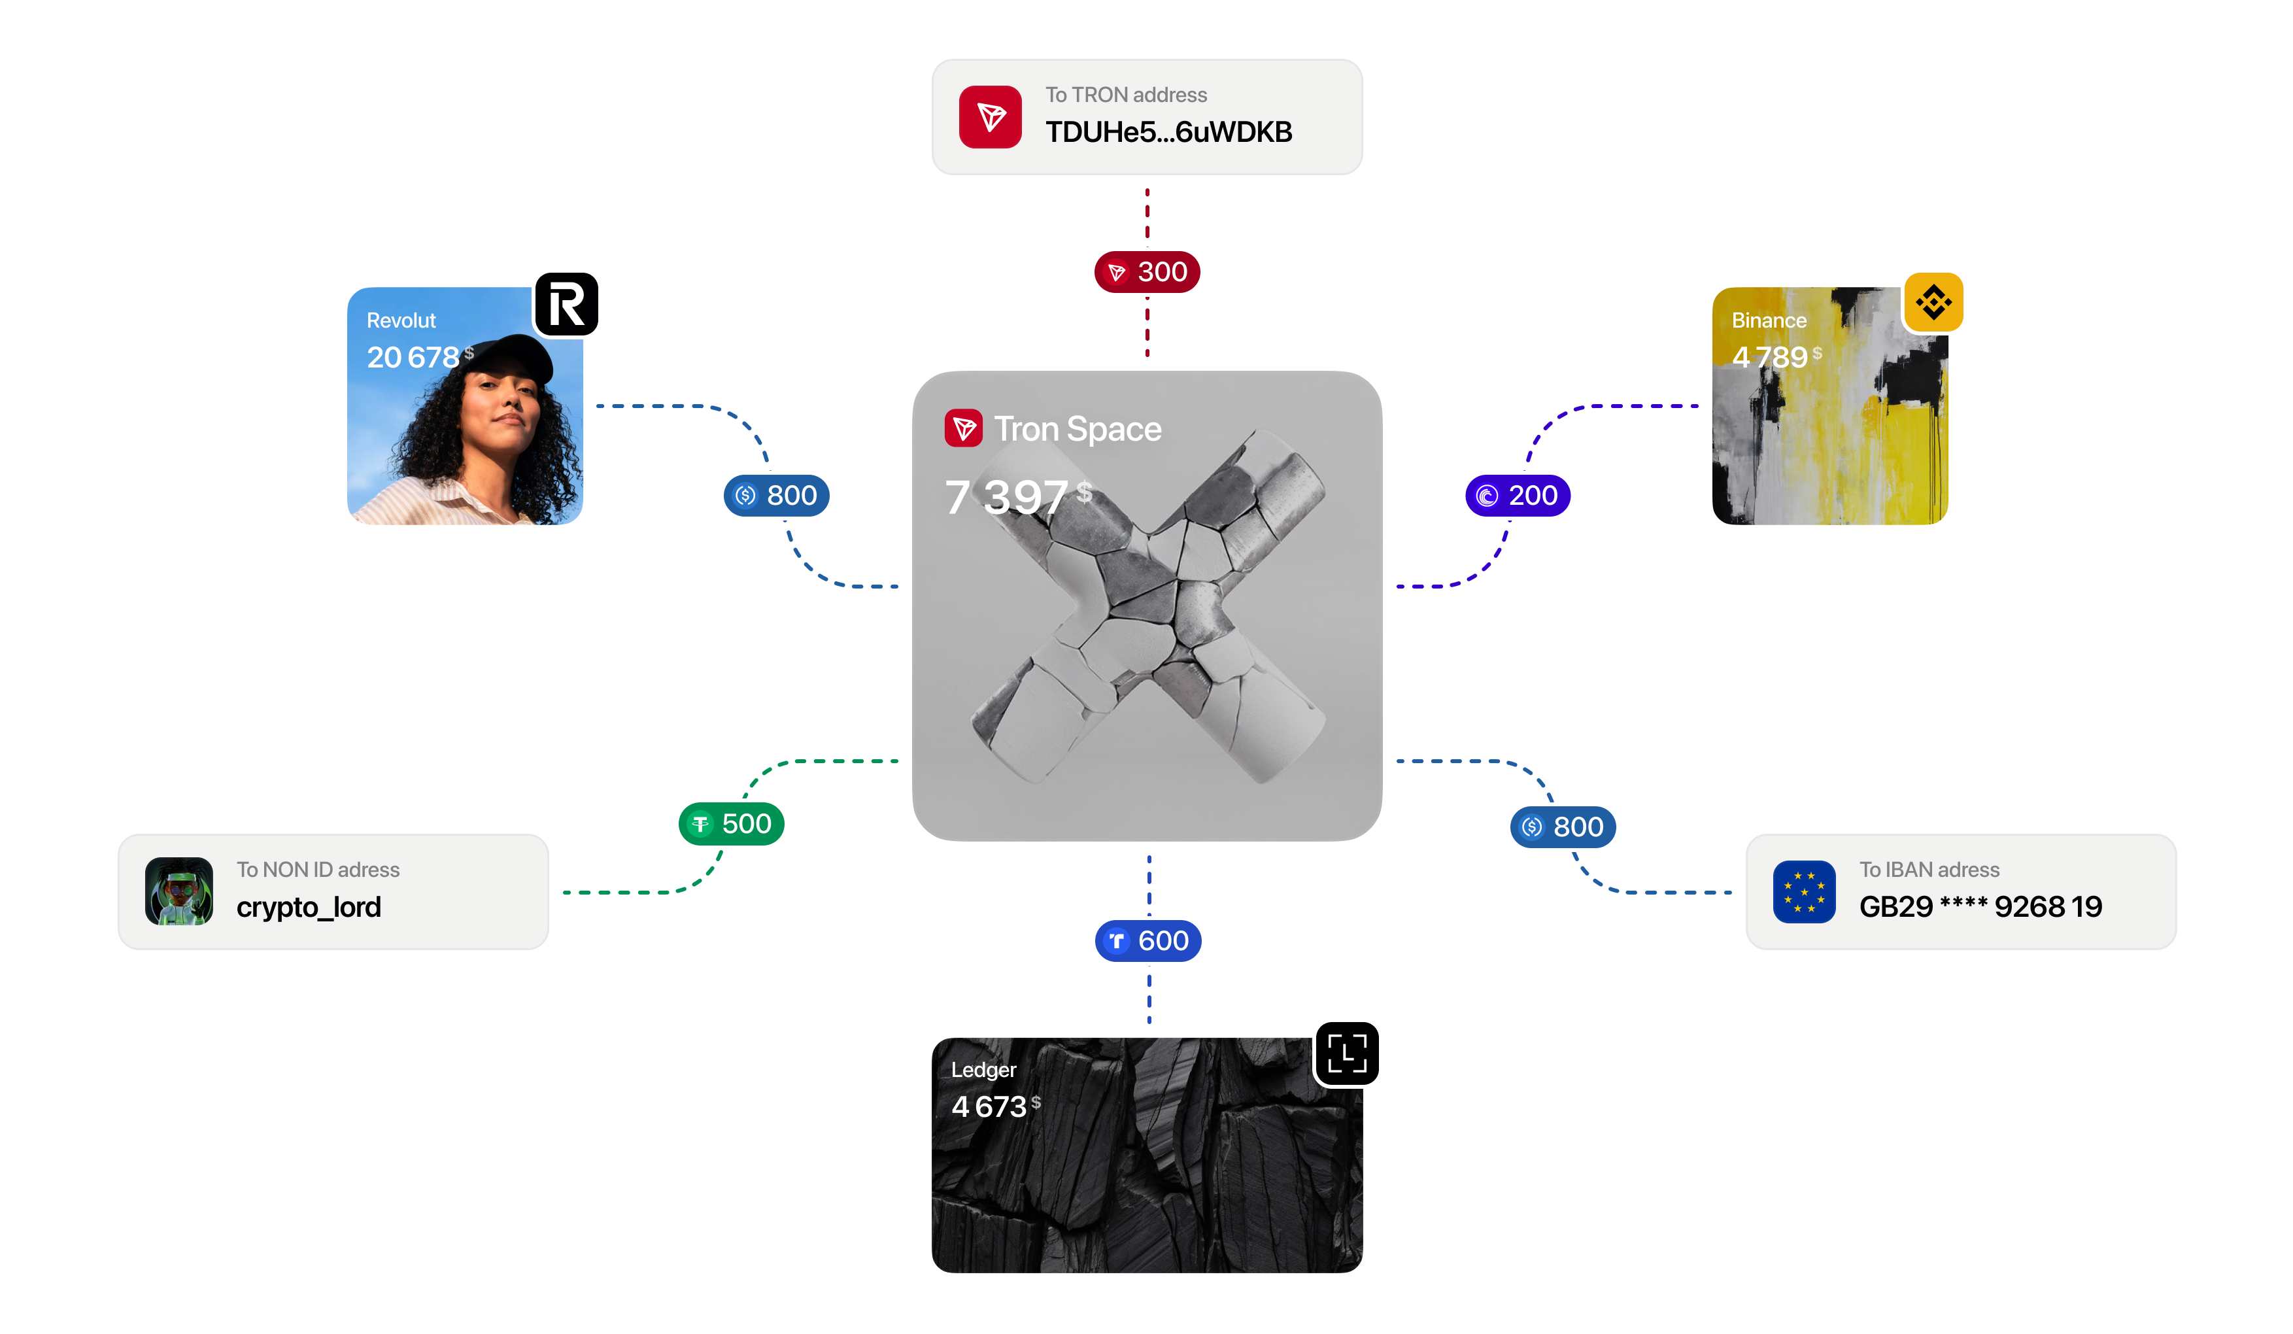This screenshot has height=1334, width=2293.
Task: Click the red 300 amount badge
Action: click(1147, 272)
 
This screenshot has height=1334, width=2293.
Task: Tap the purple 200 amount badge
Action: click(1518, 496)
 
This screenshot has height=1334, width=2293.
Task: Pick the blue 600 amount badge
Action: click(1148, 941)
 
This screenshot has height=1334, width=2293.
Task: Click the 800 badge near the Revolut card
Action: click(776, 496)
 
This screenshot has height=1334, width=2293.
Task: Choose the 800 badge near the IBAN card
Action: click(1563, 827)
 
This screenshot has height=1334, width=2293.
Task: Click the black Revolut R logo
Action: click(566, 305)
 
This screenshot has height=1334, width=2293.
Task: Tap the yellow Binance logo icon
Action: click(1933, 302)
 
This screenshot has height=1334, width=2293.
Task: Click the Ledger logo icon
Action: click(1347, 1053)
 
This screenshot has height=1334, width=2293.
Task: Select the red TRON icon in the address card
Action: click(990, 118)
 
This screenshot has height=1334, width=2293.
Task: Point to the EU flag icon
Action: click(1805, 892)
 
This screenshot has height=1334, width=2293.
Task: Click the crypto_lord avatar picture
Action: click(179, 892)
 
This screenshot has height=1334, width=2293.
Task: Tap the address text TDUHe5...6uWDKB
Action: click(1169, 133)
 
